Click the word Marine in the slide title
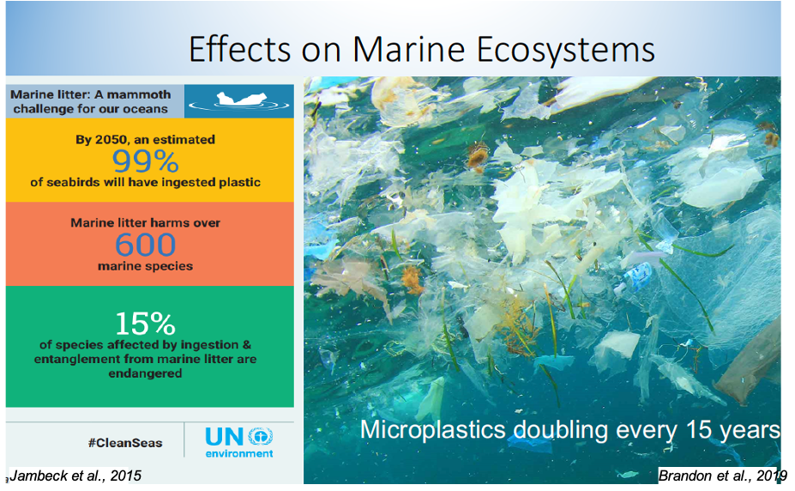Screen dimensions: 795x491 tap(409, 50)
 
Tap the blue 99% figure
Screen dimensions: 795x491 tap(146, 161)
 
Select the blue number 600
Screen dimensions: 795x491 tap(146, 245)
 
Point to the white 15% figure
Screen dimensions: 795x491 tap(146, 324)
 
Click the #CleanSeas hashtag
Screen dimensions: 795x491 tap(125, 443)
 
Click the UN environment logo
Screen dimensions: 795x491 tap(239, 442)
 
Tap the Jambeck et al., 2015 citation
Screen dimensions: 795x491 tap(75, 476)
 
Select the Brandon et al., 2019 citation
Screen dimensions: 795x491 tap(722, 476)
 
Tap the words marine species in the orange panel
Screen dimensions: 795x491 tap(146, 266)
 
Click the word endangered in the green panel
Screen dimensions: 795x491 tap(145, 373)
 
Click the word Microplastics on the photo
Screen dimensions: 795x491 tap(433, 430)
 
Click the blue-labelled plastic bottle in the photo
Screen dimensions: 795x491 tap(634, 278)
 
